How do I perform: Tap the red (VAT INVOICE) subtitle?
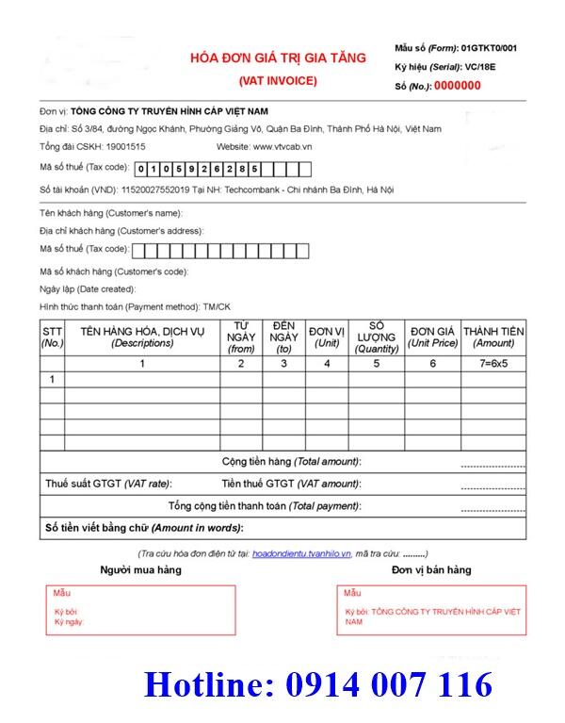click(x=278, y=80)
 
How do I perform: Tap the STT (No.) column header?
click(x=52, y=337)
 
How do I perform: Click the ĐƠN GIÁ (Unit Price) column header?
click(x=432, y=337)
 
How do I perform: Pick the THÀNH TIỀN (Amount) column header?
click(x=493, y=337)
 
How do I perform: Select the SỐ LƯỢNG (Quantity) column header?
click(x=377, y=337)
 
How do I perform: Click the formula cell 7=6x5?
click(x=493, y=363)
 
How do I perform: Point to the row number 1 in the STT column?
click(x=52, y=379)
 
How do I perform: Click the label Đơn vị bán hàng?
click(x=431, y=570)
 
